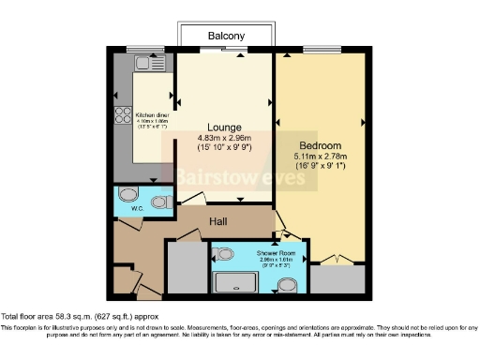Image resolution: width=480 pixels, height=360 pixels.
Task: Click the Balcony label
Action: tap(226, 37)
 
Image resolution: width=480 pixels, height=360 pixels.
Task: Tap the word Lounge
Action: tap(225, 127)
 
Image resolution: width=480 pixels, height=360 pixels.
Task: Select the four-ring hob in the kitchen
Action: tap(123, 115)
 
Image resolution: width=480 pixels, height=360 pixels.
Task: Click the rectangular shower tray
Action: tap(238, 283)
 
